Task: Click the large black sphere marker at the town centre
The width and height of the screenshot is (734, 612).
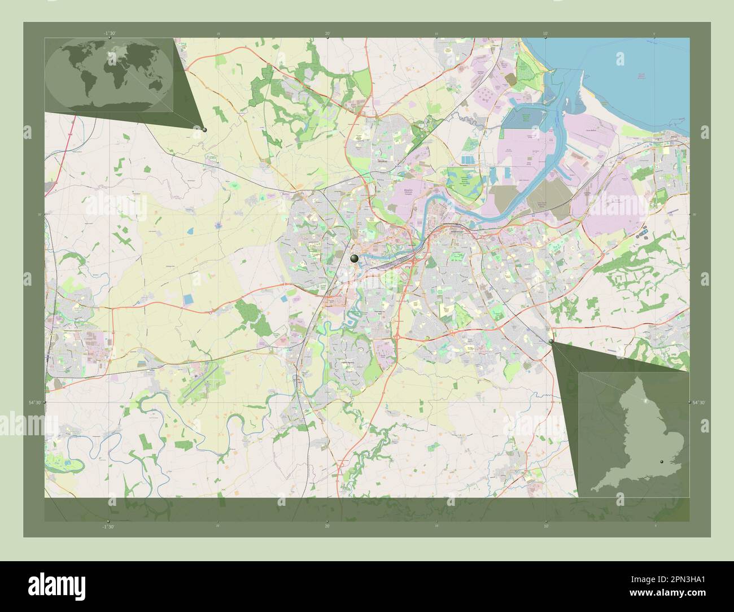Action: [354, 258]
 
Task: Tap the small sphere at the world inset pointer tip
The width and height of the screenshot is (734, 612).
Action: [204, 129]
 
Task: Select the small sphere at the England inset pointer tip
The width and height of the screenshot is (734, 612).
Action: [551, 342]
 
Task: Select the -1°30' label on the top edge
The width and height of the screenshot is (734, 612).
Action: [110, 33]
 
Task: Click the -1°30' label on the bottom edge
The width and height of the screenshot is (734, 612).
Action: [108, 526]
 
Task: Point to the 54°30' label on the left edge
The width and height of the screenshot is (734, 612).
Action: [36, 402]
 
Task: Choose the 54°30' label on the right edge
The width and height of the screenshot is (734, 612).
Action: [698, 402]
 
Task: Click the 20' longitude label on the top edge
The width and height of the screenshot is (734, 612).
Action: [327, 33]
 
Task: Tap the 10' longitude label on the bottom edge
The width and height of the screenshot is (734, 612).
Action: [545, 526]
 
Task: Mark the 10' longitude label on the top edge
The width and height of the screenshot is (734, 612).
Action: [545, 33]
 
